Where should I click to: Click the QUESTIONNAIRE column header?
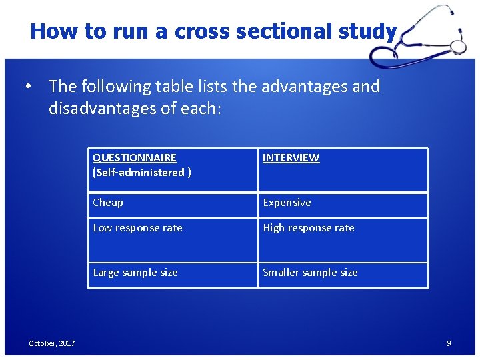click(135, 158)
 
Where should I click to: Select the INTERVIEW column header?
click(291, 158)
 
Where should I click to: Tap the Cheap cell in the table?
click(108, 203)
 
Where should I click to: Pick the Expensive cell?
click(287, 203)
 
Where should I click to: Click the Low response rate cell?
click(137, 228)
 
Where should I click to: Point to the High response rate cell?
click(308, 228)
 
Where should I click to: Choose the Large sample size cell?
click(135, 273)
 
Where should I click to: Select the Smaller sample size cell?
click(310, 273)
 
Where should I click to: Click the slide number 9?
click(449, 343)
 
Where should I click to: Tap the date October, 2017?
click(51, 343)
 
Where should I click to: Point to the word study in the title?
click(367, 31)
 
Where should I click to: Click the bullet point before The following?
click(29, 87)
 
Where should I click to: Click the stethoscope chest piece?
click(457, 47)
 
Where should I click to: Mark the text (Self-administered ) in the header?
click(142, 173)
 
